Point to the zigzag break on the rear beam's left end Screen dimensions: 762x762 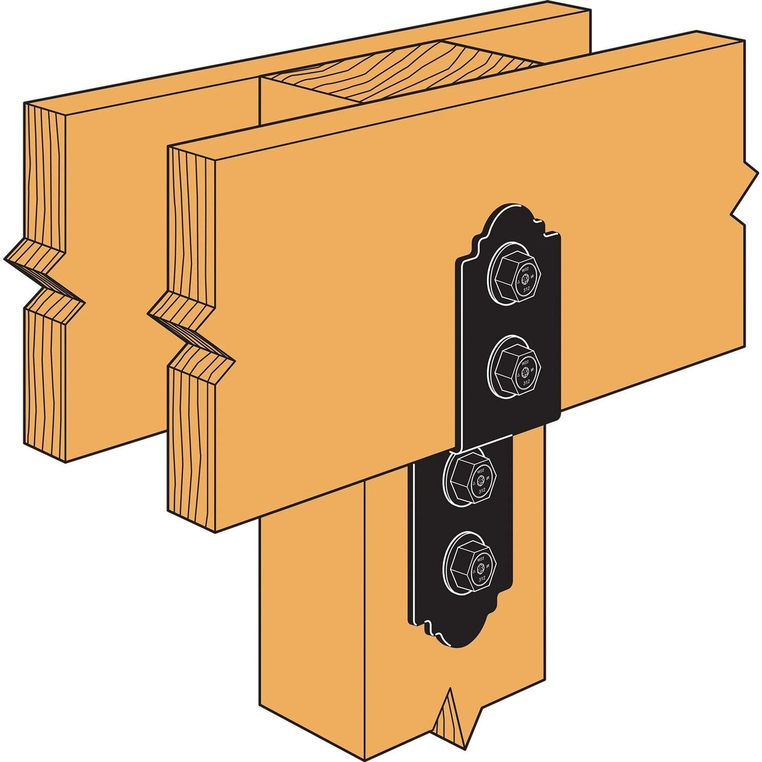coord(44,276)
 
